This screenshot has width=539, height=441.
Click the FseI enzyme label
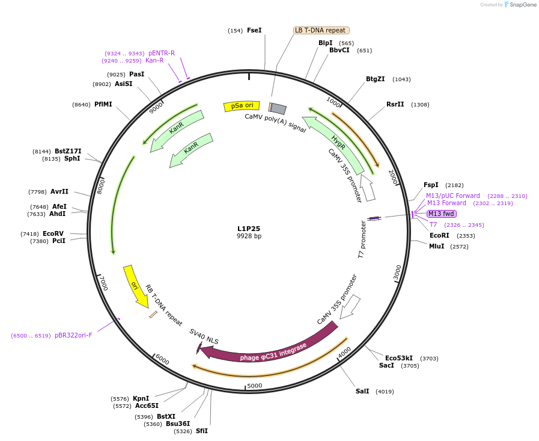(254, 30)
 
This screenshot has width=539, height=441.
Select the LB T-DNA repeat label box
(321, 30)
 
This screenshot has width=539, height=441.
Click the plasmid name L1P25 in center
(249, 229)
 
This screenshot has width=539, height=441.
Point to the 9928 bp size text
(249, 236)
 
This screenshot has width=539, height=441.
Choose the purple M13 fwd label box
(441, 214)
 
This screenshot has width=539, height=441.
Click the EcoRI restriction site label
(439, 236)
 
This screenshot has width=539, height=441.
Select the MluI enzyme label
(436, 246)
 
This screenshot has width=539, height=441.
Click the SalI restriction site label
(362, 392)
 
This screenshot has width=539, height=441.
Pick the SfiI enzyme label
(201, 431)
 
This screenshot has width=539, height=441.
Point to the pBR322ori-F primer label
(73, 336)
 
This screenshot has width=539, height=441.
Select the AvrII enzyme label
(59, 192)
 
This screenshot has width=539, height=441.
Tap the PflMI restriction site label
(103, 105)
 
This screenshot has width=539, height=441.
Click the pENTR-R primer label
(162, 53)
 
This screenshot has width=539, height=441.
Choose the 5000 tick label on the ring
(255, 386)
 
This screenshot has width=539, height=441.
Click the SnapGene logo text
(522, 5)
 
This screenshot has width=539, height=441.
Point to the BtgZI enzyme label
(376, 79)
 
